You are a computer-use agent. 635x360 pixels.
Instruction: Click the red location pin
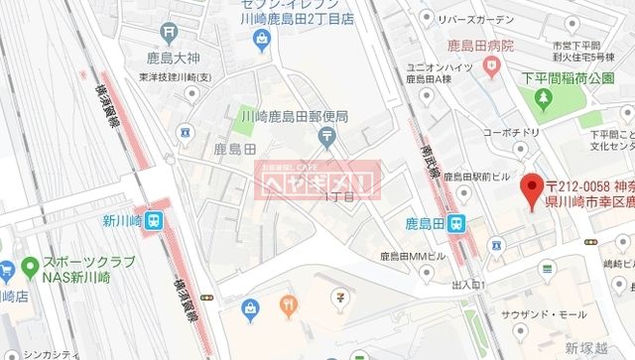(532, 186)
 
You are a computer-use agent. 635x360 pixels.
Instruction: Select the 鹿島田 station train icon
(455, 223)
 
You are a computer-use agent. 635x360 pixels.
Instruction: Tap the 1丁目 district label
(338, 197)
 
